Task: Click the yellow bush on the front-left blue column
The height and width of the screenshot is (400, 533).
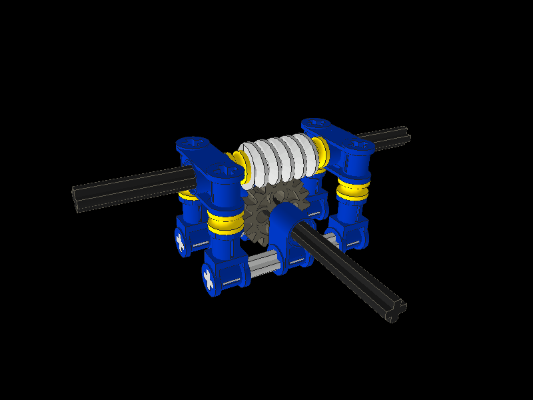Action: tap(225, 223)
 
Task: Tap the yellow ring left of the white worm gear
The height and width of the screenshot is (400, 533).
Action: tap(238, 167)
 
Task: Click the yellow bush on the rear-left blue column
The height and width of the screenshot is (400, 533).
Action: tap(187, 195)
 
